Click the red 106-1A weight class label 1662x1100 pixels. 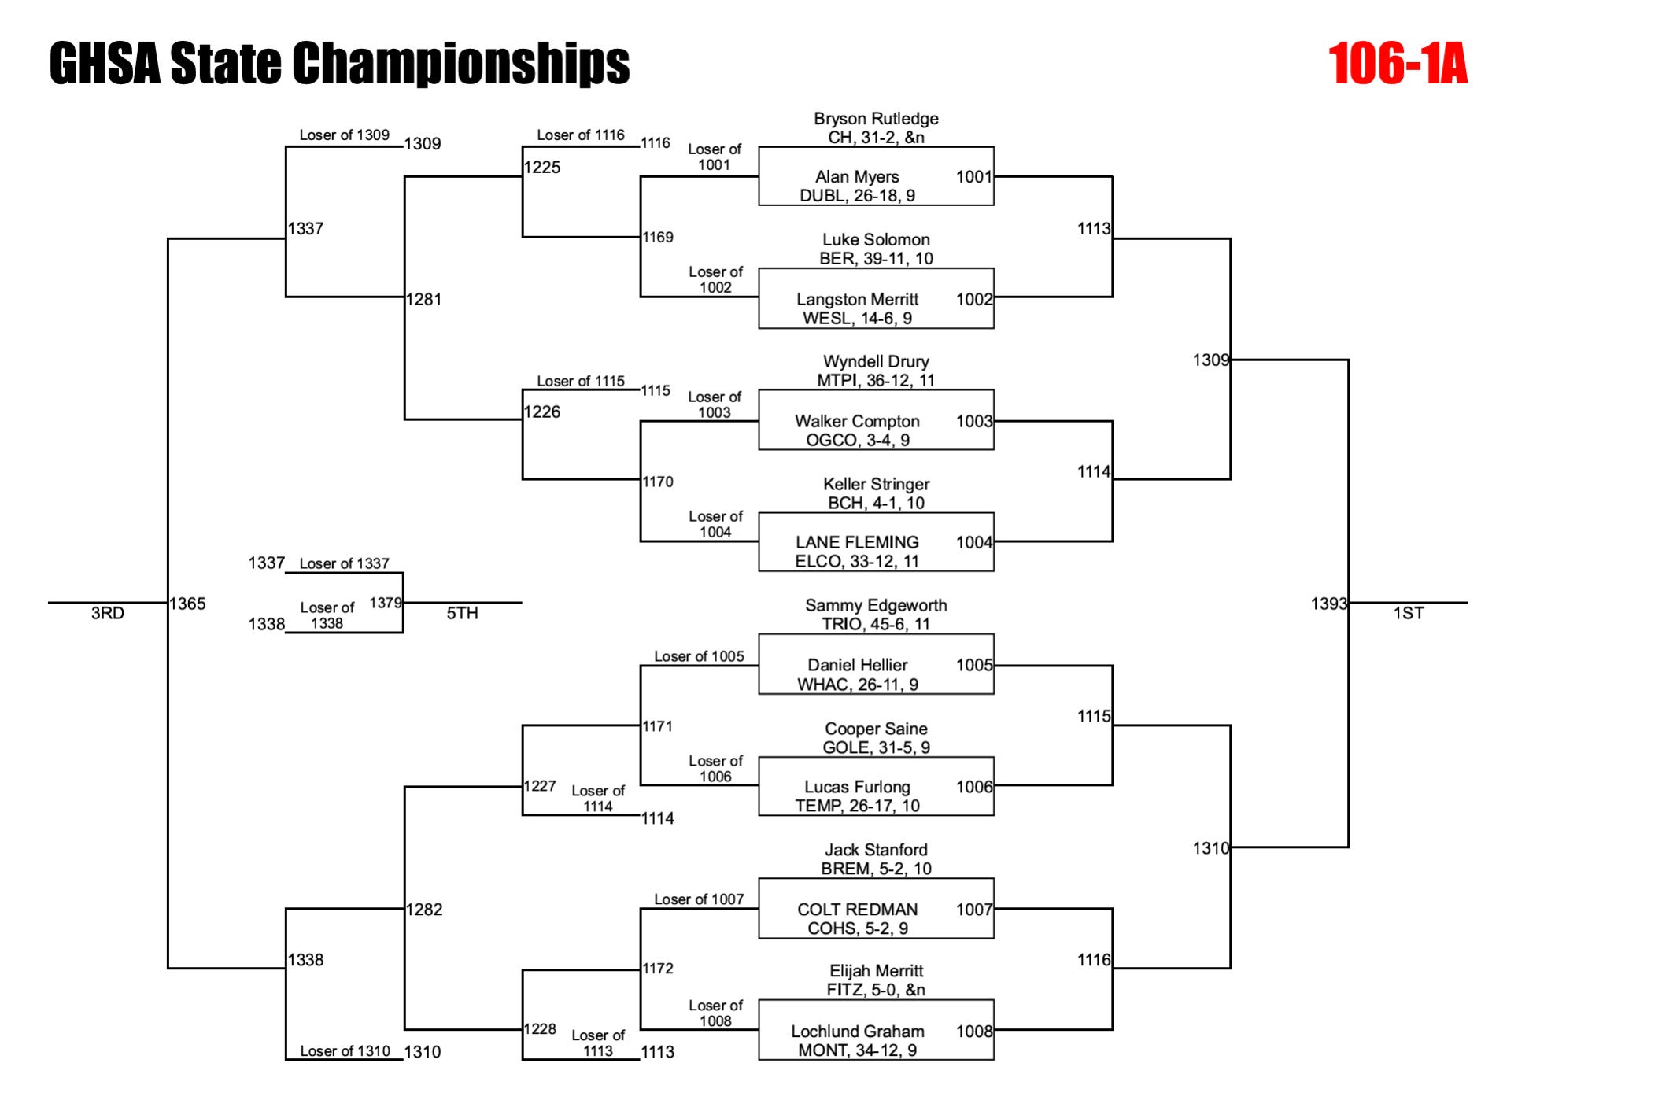click(x=1398, y=64)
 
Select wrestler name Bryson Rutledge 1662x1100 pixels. click(x=876, y=119)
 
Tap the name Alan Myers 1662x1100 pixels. click(x=857, y=177)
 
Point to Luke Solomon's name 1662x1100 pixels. click(x=876, y=240)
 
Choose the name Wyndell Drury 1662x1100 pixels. click(x=876, y=362)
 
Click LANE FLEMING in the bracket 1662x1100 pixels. click(x=857, y=542)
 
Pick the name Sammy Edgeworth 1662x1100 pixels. click(x=876, y=606)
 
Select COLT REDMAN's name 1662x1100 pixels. click(x=857, y=910)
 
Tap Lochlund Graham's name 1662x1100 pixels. click(x=857, y=1032)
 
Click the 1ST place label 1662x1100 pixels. click(x=1409, y=614)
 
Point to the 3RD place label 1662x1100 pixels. click(x=108, y=614)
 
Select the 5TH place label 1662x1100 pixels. click(x=463, y=614)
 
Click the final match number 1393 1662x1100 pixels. click(x=1328, y=604)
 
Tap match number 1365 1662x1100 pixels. click(x=188, y=604)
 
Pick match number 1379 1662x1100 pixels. click(x=386, y=603)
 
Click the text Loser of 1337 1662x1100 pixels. click(x=344, y=563)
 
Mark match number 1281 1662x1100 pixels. click(x=423, y=299)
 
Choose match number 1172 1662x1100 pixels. click(x=658, y=969)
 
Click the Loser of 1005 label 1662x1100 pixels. click(x=699, y=656)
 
